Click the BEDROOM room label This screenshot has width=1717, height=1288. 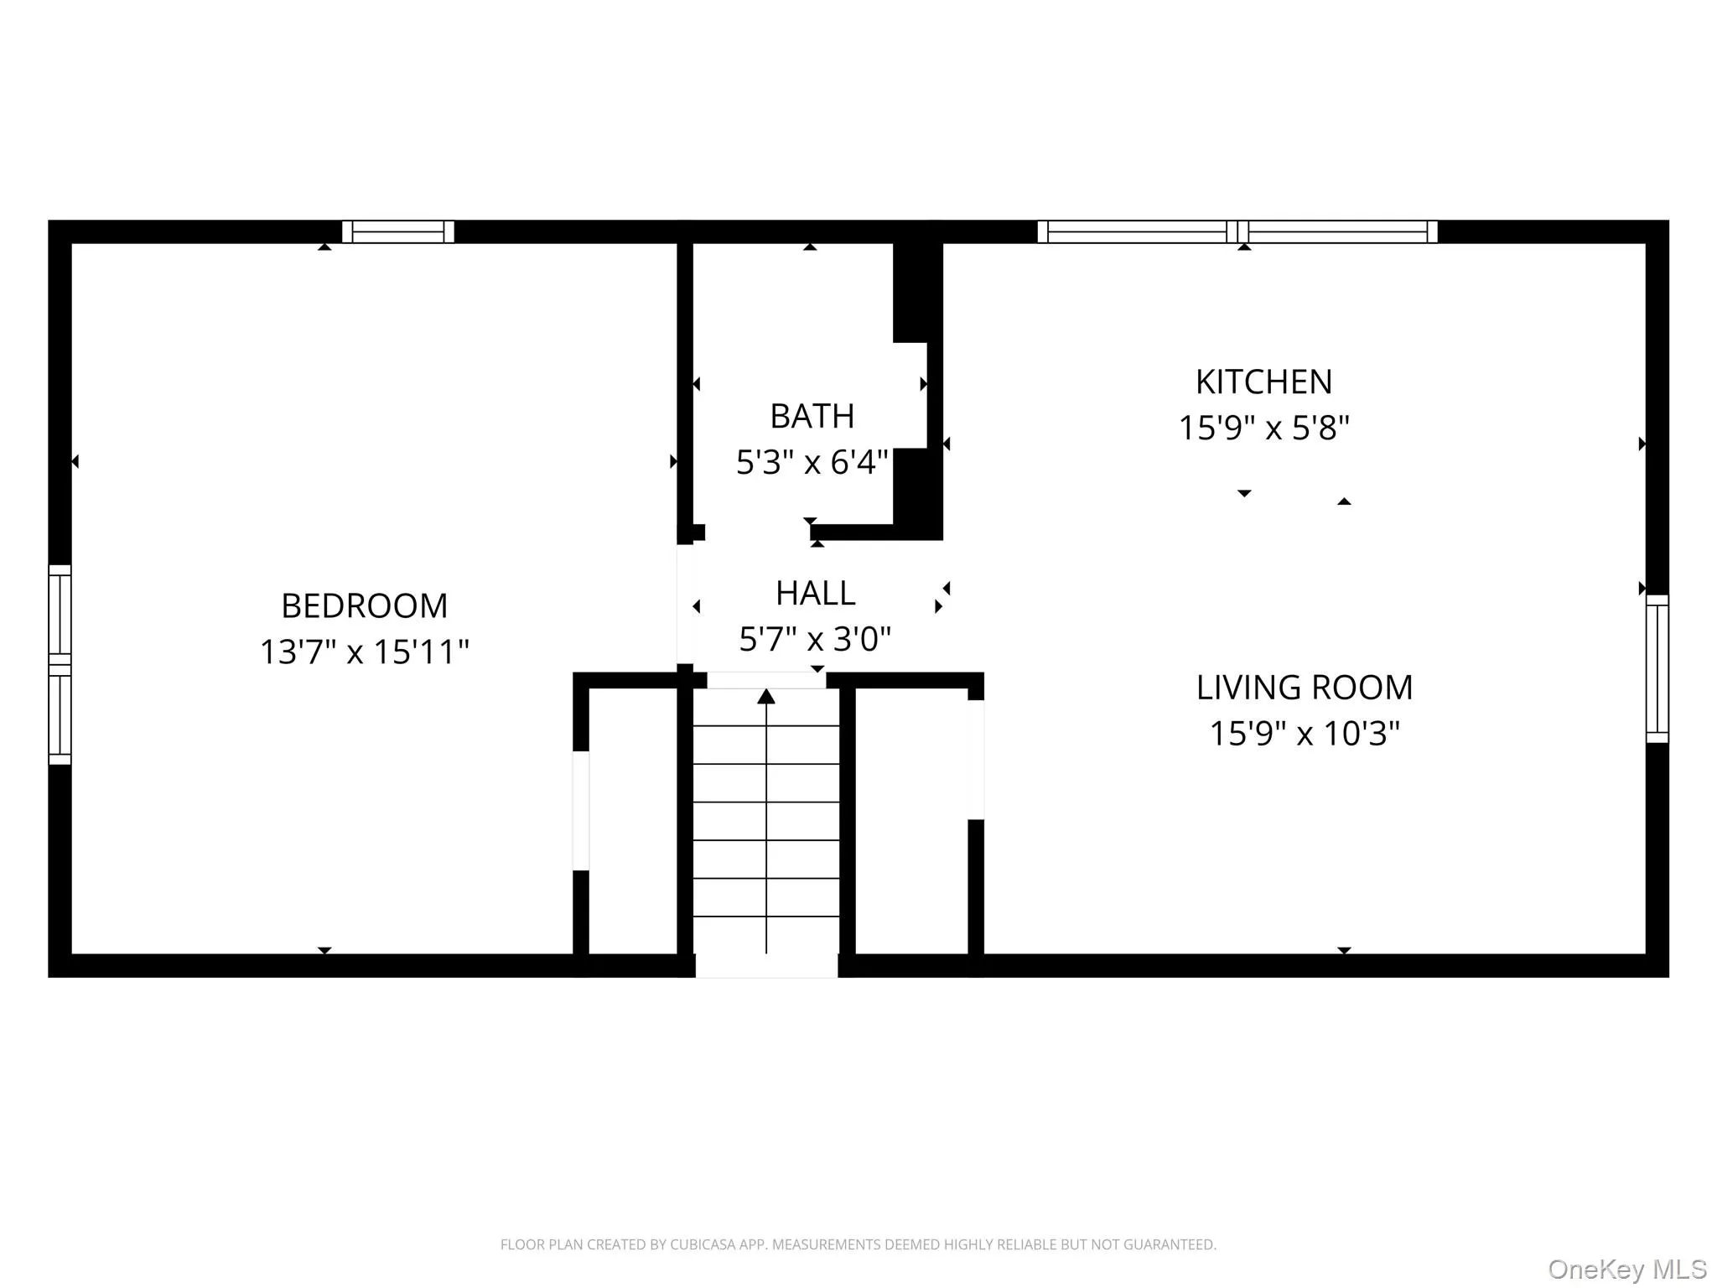364,605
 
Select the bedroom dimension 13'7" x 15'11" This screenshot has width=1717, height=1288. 364,652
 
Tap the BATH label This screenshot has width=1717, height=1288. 812,416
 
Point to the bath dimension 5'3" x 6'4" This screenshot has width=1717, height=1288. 812,462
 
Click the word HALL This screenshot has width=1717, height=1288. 815,594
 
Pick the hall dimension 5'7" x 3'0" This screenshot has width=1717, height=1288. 815,639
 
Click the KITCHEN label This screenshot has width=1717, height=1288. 1263,382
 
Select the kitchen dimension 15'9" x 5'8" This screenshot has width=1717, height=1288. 1263,428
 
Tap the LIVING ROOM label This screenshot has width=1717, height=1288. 1304,688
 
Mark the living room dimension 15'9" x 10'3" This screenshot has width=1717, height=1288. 1304,733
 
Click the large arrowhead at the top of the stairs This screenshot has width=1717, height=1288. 766,697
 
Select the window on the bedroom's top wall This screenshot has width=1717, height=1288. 398,231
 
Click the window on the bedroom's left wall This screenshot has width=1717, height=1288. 60,664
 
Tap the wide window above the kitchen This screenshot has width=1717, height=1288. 1237,231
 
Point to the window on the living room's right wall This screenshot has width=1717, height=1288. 1657,668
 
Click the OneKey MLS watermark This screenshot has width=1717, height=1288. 1626,1269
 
